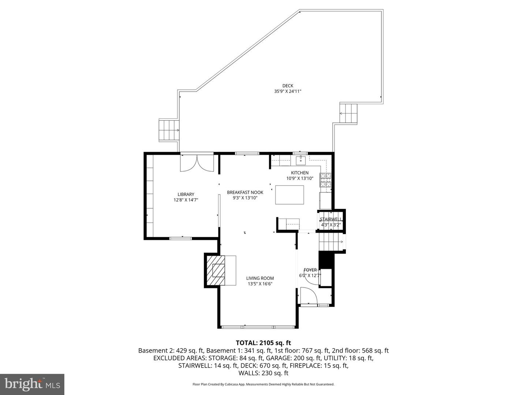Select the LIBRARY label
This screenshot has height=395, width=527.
point(186,194)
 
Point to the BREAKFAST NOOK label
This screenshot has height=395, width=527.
point(245,192)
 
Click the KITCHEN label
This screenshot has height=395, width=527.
point(300,173)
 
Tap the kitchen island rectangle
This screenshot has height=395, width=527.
point(289,195)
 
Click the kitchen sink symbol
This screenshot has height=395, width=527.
point(300,159)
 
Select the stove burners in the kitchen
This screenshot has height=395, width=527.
point(326,180)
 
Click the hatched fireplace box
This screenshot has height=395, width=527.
point(216,271)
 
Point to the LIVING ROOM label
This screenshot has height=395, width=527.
point(260,278)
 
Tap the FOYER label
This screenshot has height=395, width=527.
point(310,270)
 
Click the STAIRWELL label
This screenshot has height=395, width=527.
point(331,219)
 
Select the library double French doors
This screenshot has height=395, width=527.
point(197,163)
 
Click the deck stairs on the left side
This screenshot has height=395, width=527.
point(168,130)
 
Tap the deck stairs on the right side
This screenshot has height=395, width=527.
point(348,113)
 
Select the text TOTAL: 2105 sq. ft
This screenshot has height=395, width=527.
point(263,343)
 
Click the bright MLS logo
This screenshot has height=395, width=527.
point(32,384)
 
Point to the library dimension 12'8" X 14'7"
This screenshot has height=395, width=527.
point(186,200)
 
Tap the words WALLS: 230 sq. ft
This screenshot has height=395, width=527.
point(263,373)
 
